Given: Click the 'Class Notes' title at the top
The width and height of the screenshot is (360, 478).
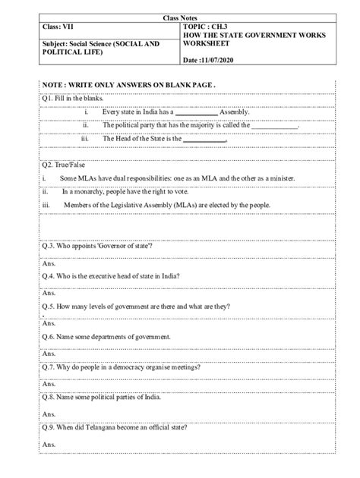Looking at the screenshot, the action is (x=179, y=16).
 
